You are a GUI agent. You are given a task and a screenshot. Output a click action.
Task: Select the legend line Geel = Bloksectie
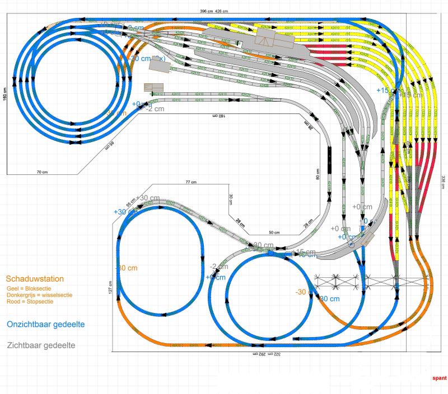(29, 288)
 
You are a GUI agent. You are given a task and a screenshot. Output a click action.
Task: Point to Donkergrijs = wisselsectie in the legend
(39, 295)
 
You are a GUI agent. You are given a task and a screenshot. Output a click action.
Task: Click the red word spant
(439, 378)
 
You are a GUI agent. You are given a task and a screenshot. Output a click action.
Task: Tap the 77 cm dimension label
(192, 183)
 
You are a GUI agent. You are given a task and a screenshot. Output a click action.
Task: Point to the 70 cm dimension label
(42, 172)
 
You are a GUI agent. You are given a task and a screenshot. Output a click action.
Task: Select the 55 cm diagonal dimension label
(131, 203)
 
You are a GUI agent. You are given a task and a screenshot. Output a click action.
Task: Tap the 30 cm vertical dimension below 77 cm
(230, 199)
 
